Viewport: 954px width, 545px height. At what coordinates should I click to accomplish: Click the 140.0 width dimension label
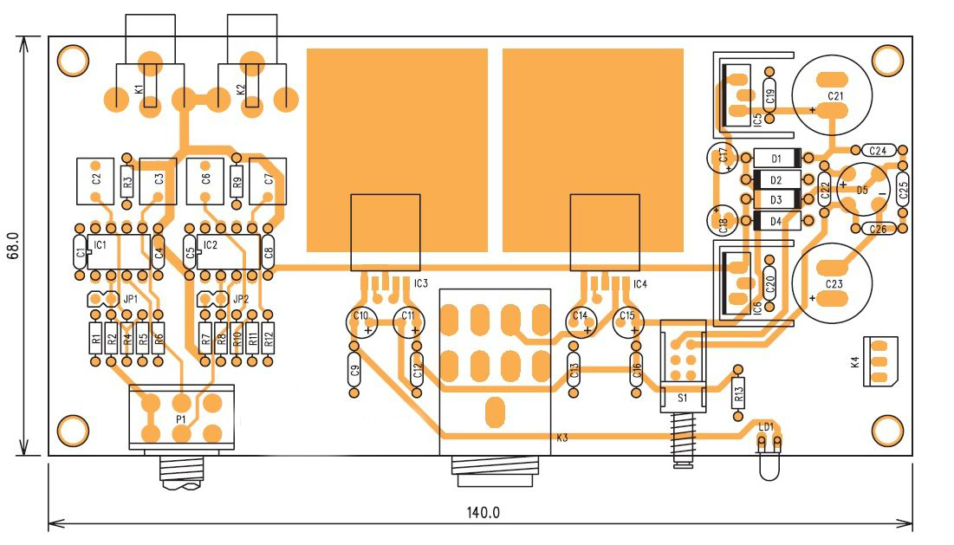[483, 512]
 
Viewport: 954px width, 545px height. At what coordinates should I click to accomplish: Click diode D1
[776, 159]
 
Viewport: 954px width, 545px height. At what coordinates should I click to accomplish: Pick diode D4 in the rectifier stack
[776, 221]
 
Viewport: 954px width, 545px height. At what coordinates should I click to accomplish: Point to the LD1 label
[766, 426]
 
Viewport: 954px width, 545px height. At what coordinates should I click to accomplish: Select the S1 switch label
[681, 398]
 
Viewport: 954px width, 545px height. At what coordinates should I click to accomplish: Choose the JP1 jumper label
[131, 299]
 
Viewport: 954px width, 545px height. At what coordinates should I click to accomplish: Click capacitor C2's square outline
[95, 179]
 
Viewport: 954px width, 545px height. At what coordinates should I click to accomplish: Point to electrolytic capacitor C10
[360, 321]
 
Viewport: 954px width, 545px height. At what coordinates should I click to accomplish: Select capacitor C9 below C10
[354, 373]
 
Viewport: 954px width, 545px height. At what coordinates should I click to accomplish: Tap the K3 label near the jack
[561, 438]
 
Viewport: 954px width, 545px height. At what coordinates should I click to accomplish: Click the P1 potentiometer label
[181, 418]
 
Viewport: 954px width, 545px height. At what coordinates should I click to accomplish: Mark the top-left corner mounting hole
[73, 60]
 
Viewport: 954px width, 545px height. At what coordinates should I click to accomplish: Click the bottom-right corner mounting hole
[886, 430]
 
